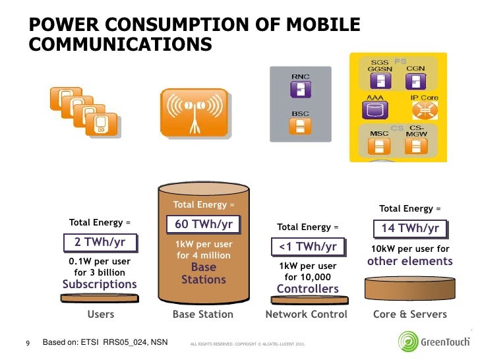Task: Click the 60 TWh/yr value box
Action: [x=203, y=225]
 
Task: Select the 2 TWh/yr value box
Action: [x=100, y=243]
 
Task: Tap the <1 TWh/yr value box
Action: [x=308, y=247]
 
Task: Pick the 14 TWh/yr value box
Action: [x=410, y=229]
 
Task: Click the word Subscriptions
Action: [x=100, y=285]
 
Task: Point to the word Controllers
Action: [x=307, y=289]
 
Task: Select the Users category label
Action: [x=101, y=315]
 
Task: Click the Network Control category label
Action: [x=306, y=315]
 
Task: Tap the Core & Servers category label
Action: [x=409, y=315]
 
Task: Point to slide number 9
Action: [x=28, y=344]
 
